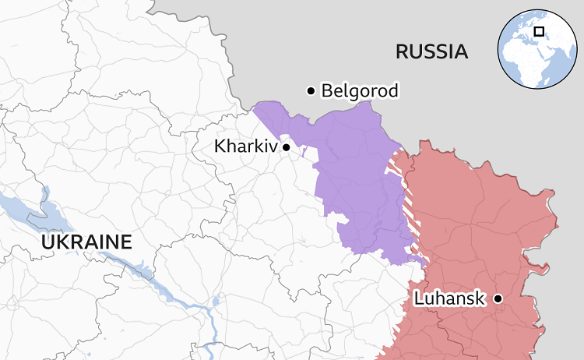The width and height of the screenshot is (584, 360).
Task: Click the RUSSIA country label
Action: click(431, 52)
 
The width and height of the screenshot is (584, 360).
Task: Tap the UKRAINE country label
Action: click(86, 242)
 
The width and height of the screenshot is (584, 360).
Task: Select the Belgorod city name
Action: click(360, 91)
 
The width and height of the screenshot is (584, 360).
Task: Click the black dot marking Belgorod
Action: click(311, 91)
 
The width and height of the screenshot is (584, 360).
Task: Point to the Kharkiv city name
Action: click(245, 146)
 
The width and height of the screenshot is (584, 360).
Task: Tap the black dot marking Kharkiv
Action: click(287, 146)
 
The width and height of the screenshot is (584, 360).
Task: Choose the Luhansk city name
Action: click(449, 298)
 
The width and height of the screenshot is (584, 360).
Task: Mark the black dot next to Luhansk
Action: click(498, 298)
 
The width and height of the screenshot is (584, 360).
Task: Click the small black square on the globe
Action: click(539, 32)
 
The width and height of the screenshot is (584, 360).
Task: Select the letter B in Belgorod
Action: click(327, 91)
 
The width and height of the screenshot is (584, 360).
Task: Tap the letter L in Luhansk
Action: click(418, 298)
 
